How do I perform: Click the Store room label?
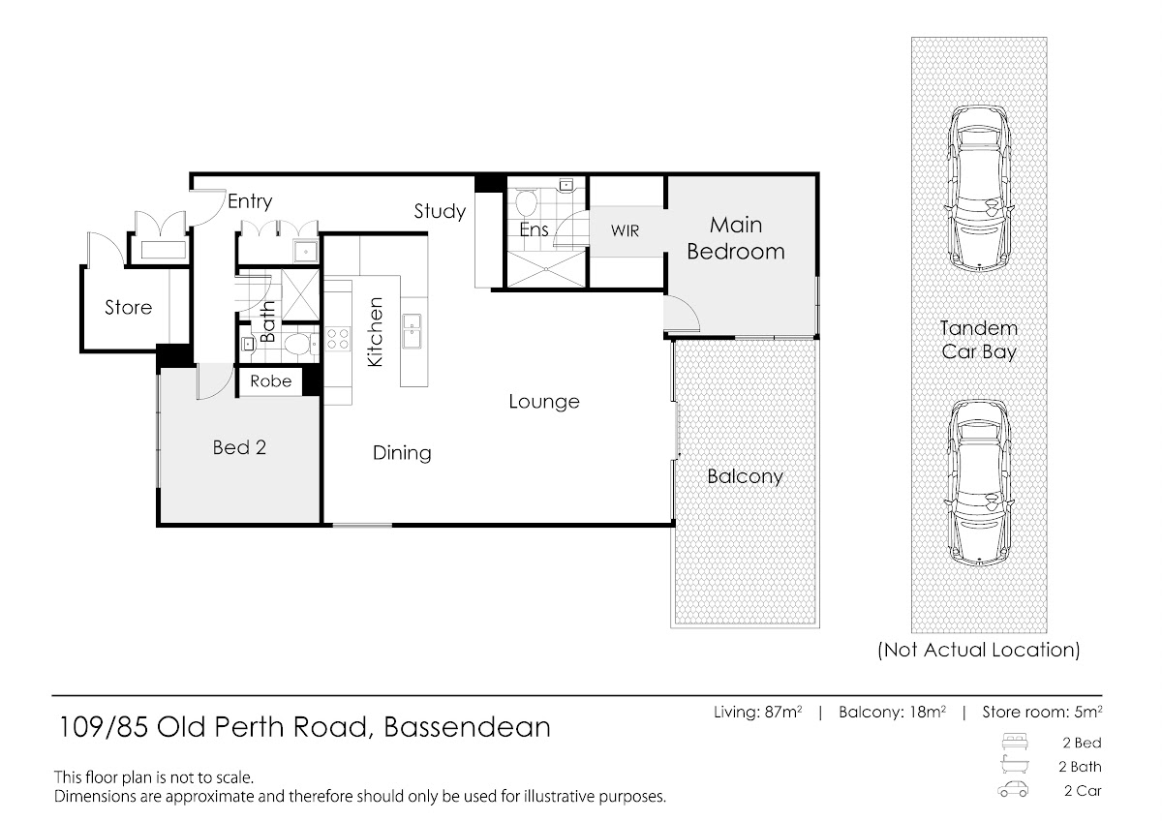[128, 308]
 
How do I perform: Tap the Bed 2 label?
[239, 447]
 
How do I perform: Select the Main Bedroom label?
[736, 238]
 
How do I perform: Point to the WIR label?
[625, 230]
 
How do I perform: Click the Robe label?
[270, 381]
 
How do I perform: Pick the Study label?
[440, 212]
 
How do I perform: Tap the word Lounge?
[543, 402]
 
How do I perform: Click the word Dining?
[402, 453]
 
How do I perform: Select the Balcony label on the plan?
[745, 476]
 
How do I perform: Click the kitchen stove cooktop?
[338, 339]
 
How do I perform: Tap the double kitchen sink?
[413, 331]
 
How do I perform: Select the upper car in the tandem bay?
[979, 189]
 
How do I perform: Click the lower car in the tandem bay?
[979, 482]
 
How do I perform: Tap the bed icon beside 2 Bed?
[1014, 743]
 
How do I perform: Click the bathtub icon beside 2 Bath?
[1014, 766]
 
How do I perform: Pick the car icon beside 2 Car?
[1013, 790]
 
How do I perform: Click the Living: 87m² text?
[758, 713]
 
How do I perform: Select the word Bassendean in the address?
[467, 727]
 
